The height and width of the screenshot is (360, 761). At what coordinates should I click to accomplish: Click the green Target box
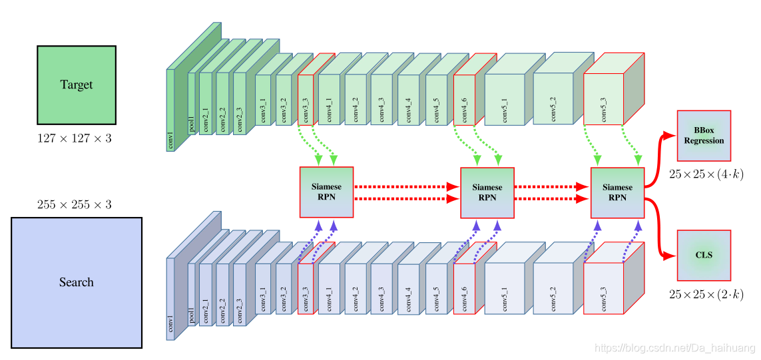pos(77,85)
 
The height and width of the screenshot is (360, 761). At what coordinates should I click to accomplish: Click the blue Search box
pos(77,282)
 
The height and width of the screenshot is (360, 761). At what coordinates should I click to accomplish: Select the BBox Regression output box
pos(704,136)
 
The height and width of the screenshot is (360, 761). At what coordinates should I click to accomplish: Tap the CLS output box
pos(704,255)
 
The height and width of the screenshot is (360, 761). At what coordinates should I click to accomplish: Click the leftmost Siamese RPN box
pos(326,192)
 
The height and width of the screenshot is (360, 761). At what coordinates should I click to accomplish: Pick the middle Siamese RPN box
pos(487,192)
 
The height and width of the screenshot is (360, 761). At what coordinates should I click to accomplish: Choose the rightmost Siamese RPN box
pos(617,192)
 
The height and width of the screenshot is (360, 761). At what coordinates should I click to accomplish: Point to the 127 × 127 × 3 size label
pos(74,139)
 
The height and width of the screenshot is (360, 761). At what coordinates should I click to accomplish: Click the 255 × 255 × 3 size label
pos(74,204)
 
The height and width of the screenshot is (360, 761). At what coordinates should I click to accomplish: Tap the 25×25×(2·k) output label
pos(706,293)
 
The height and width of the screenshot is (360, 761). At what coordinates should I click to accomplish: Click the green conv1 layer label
pos(170,140)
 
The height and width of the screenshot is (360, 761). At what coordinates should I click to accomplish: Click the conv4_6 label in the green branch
pos(464,108)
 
